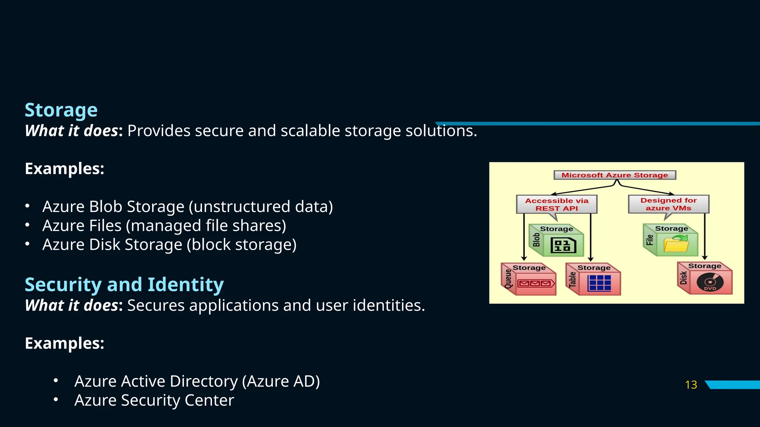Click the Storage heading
pyautogui.click(x=61, y=110)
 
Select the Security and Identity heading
pyautogui.click(x=124, y=285)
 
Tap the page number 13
pyautogui.click(x=691, y=385)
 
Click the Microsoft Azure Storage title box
pyautogui.click(x=615, y=175)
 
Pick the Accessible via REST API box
pyautogui.click(x=557, y=204)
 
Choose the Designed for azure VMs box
pyautogui.click(x=668, y=204)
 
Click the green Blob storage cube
pyautogui.click(x=557, y=241)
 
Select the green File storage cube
pyautogui.click(x=671, y=240)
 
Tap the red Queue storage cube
pyautogui.click(x=529, y=279)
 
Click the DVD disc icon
pyautogui.click(x=710, y=283)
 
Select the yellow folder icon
pyautogui.click(x=676, y=245)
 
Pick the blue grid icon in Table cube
pyautogui.click(x=599, y=283)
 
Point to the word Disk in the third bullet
pyautogui.click(x=105, y=245)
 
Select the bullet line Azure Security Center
pyautogui.click(x=154, y=400)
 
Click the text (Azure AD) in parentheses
pyautogui.click(x=281, y=381)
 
